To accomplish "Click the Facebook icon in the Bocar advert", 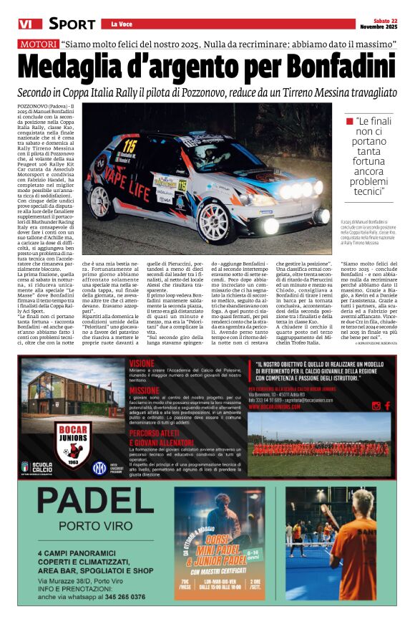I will pos(387,406).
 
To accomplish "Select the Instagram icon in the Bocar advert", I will pos(375,406).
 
